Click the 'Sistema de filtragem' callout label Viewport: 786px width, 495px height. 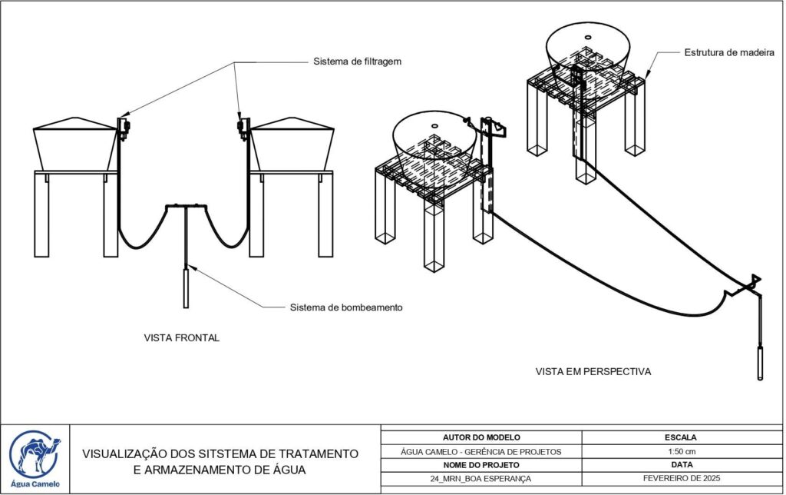(x=357, y=61)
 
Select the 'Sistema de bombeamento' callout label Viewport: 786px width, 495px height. (x=346, y=307)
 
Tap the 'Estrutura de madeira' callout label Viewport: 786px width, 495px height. (x=728, y=52)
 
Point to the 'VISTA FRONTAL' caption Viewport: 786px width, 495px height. (x=182, y=337)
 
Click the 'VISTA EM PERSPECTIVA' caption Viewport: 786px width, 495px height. (x=593, y=371)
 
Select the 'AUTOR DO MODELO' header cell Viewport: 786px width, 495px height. (x=481, y=437)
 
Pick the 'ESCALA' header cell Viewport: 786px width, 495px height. (x=680, y=437)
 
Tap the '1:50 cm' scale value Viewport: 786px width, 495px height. (x=680, y=451)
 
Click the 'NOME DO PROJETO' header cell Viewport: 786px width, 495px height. (x=481, y=465)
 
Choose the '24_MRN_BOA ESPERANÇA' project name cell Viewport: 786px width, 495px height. (x=481, y=479)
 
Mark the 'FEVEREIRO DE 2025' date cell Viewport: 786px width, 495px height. (x=680, y=479)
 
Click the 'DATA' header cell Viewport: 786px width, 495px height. (x=680, y=465)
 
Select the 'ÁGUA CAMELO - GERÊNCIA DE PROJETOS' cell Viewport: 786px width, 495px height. (x=481, y=451)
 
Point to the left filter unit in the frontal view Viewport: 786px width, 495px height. (x=123, y=126)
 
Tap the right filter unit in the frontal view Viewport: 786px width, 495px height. (x=244, y=126)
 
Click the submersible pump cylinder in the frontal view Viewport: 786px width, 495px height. (x=187, y=286)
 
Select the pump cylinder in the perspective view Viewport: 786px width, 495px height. (x=760, y=364)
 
